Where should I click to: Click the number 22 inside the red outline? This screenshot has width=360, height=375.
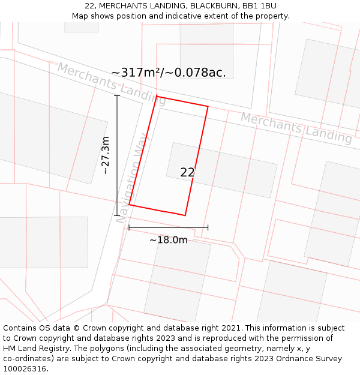pyautogui.click(x=187, y=173)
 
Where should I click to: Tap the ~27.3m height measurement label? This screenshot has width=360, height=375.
pyautogui.click(x=105, y=155)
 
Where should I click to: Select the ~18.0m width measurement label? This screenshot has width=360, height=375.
pyautogui.click(x=168, y=240)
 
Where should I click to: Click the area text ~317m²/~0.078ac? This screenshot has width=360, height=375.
pyautogui.click(x=169, y=73)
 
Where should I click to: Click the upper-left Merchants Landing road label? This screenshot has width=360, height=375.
pyautogui.click(x=111, y=83)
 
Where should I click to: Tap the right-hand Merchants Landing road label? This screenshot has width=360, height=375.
pyautogui.click(x=296, y=127)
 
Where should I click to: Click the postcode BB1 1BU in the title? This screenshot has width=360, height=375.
pyautogui.click(x=260, y=6)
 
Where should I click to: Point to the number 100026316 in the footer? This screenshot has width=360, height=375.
pyautogui.click(x=23, y=369)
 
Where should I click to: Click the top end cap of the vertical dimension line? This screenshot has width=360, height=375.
pyautogui.click(x=117, y=96)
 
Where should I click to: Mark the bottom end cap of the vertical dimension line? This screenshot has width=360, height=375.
pyautogui.click(x=117, y=215)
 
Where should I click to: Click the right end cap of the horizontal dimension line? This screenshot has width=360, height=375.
pyautogui.click(x=208, y=227)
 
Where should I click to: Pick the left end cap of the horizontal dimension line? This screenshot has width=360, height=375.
pyautogui.click(x=129, y=227)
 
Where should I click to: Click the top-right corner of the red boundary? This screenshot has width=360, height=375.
pyautogui.click(x=208, y=107)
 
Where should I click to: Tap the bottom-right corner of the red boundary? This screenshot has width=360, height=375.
pyautogui.click(x=185, y=215)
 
